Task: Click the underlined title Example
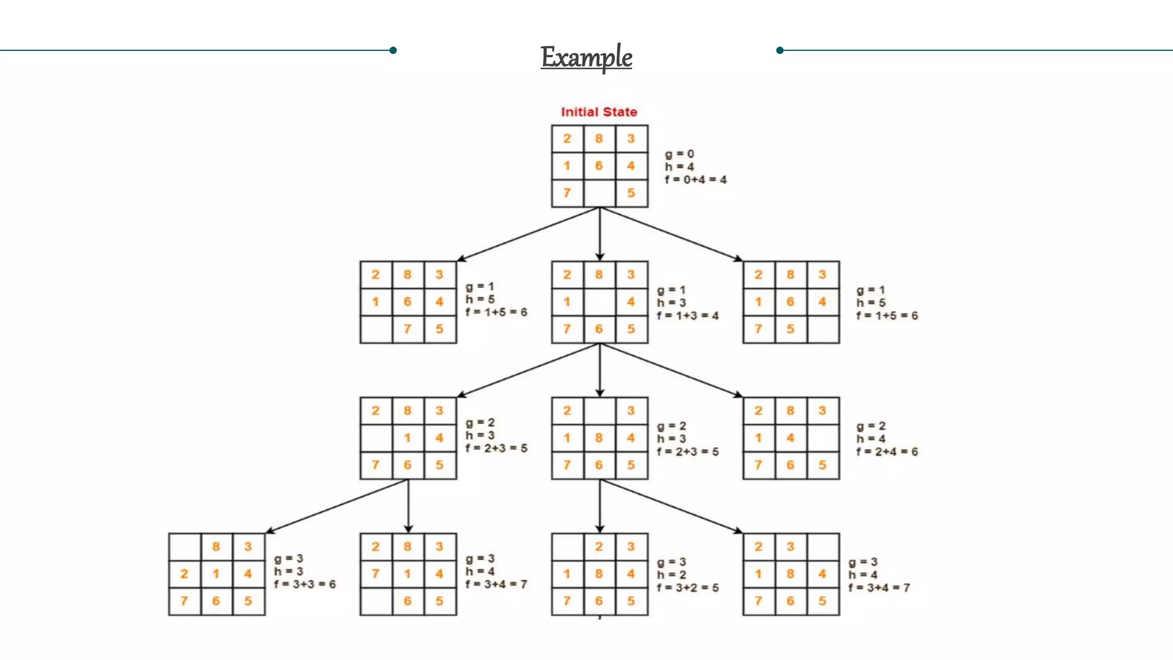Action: [586, 57]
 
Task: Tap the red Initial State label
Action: [599, 112]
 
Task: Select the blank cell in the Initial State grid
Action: [599, 193]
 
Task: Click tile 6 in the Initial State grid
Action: [599, 166]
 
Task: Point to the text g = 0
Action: [679, 154]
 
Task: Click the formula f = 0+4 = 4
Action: [695, 180]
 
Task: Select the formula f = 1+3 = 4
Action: [687, 316]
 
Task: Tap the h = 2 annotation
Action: [671, 575]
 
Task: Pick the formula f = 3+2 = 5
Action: [687, 588]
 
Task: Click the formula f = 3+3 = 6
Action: [305, 584]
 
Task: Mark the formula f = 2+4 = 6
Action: [887, 452]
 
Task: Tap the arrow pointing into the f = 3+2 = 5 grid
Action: [600, 506]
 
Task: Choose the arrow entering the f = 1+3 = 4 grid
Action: [600, 234]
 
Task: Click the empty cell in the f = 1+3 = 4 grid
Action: [599, 302]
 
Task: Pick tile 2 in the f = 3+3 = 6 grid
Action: [184, 573]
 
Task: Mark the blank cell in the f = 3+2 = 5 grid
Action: [567, 547]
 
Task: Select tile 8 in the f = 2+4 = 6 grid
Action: [790, 411]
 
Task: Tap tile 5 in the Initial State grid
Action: [631, 193]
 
